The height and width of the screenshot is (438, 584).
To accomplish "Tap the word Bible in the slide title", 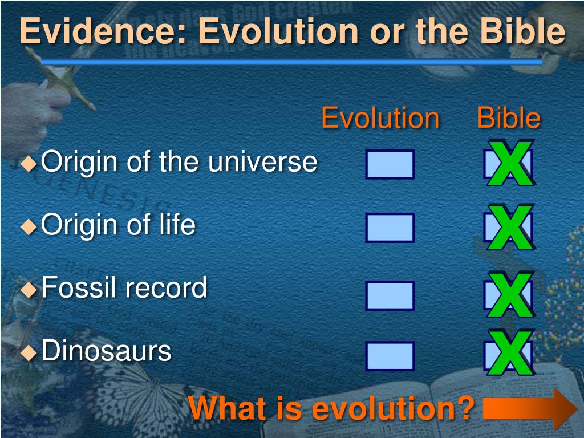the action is (x=522, y=31).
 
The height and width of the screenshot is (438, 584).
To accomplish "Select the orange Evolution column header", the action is (x=380, y=118).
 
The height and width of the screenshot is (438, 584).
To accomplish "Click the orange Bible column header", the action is (x=509, y=118).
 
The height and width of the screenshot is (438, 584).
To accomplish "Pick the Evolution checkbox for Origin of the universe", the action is (x=390, y=164).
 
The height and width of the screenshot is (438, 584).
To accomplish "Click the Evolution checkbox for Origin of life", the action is (x=390, y=228).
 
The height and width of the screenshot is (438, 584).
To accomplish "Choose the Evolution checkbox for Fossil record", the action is (x=390, y=295).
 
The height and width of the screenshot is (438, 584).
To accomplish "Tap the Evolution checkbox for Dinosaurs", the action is (x=390, y=356).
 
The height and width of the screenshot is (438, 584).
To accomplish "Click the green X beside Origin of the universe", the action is (x=510, y=163).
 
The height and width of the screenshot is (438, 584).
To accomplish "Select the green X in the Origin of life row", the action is (x=510, y=227).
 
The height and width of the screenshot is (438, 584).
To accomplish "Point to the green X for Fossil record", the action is (x=510, y=295).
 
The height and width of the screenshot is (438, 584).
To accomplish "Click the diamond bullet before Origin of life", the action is (x=29, y=226).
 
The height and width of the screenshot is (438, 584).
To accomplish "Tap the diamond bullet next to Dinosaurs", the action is (x=29, y=352).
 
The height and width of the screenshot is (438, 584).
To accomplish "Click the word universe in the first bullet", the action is (x=262, y=162).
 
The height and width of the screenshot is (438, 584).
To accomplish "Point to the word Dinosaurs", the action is (x=106, y=351).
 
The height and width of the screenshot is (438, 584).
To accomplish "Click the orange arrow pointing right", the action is (x=530, y=409).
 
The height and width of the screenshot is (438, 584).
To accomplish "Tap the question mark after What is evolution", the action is (x=465, y=408).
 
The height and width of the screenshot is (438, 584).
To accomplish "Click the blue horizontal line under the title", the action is (x=291, y=62).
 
